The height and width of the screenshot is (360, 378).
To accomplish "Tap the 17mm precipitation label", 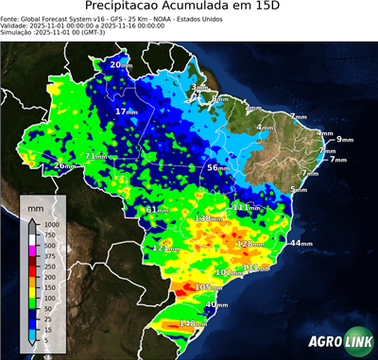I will [x=125, y=111].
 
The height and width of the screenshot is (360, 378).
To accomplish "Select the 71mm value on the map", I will [x=95, y=156].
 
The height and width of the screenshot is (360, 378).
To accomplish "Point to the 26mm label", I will [x=63, y=166].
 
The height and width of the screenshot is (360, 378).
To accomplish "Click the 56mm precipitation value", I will [x=218, y=167].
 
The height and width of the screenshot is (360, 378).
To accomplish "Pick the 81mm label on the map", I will [x=158, y=209].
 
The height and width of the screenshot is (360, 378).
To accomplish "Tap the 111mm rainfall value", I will [x=247, y=207].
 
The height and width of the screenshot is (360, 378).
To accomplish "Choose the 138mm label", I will [x=206, y=218].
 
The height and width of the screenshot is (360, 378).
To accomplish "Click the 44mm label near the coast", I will [x=301, y=244].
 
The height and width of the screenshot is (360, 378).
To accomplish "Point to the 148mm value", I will [x=193, y=324].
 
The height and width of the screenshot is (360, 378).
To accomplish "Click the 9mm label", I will [x=344, y=140].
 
